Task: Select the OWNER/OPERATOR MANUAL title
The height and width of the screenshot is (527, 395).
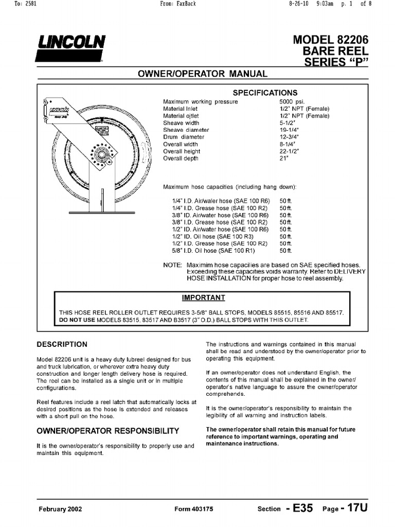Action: pos(203,74)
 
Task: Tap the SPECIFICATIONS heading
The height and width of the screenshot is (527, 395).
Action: pos(265,93)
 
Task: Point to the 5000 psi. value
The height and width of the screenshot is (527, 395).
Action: pos(290,102)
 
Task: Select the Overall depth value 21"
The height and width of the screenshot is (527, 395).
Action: pos(284,159)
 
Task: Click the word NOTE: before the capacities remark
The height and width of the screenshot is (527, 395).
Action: pos(172,265)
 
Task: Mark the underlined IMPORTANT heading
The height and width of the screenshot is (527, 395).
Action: pos(204,297)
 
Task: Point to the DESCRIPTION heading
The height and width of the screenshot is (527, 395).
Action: pos(62,344)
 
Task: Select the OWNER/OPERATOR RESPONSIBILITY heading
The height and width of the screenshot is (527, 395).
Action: pos(107,430)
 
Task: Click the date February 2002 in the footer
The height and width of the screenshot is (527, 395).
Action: pos(60,509)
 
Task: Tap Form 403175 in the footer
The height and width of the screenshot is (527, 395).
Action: pos(194,509)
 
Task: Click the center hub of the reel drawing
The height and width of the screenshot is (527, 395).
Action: pos(101,154)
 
